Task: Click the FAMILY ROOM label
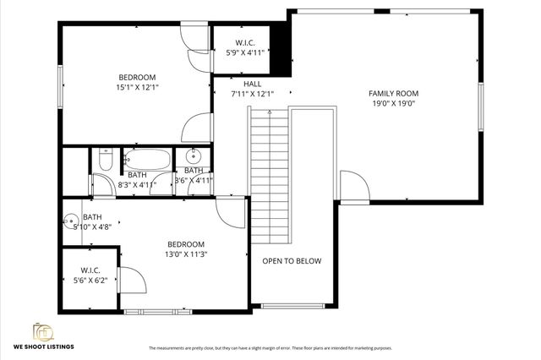pyautogui.click(x=393, y=93)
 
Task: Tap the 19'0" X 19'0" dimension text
pyautogui.click(x=393, y=104)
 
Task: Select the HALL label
pyautogui.click(x=252, y=84)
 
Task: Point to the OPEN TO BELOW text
pyautogui.click(x=292, y=261)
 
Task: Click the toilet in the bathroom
pyautogui.click(x=104, y=158)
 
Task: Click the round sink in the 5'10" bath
pyautogui.click(x=70, y=225)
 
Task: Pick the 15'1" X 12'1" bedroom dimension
pyautogui.click(x=139, y=87)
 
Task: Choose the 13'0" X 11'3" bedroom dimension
pyautogui.click(x=186, y=253)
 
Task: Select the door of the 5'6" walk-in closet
pyautogui.click(x=132, y=280)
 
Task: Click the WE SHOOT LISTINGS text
pyautogui.click(x=43, y=346)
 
